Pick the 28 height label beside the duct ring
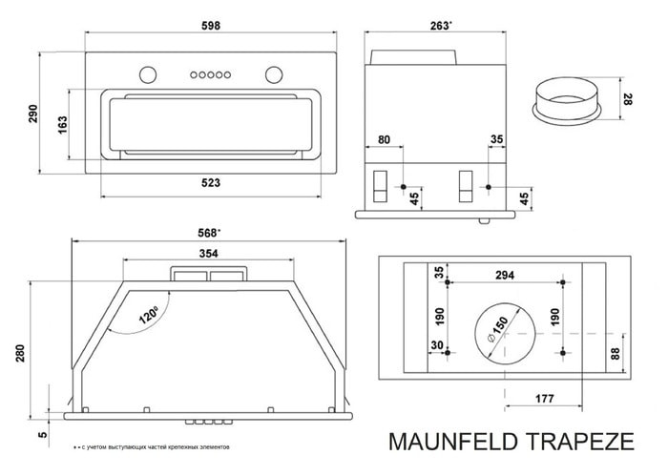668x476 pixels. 629,99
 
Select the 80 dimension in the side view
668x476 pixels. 383,139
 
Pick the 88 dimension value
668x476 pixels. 615,354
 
